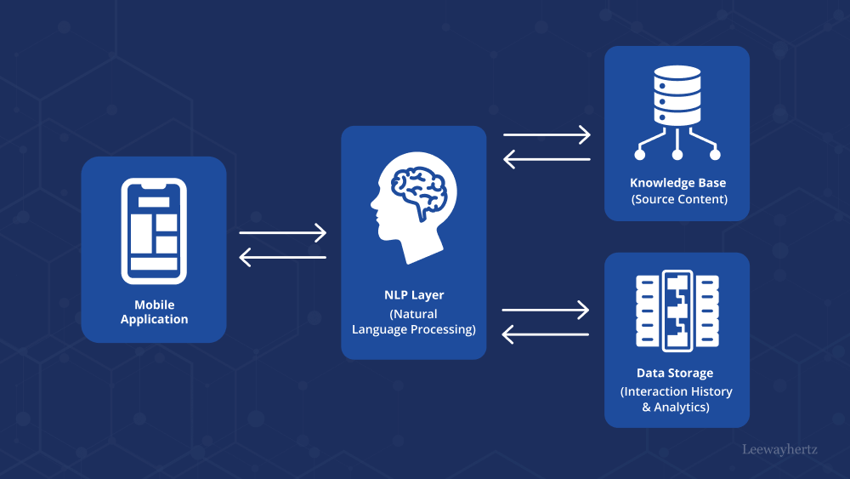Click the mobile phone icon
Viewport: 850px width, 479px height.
(x=154, y=231)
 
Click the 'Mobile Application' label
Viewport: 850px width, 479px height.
(x=154, y=312)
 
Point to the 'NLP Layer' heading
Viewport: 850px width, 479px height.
(x=414, y=295)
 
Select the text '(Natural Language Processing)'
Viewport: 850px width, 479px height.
(x=414, y=322)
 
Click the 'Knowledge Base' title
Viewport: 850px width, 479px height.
(x=677, y=183)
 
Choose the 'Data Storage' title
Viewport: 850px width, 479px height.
(x=675, y=373)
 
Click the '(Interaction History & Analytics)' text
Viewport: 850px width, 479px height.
(x=676, y=399)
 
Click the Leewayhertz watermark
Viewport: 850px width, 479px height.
(x=779, y=448)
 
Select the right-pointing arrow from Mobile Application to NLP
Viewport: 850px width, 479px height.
(x=283, y=232)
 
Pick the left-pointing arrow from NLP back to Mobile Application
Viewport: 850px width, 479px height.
(x=283, y=256)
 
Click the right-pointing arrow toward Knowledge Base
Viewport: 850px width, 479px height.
(x=547, y=134)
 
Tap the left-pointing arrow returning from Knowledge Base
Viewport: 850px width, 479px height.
(x=547, y=158)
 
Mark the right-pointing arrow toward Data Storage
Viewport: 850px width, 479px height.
(x=547, y=310)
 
